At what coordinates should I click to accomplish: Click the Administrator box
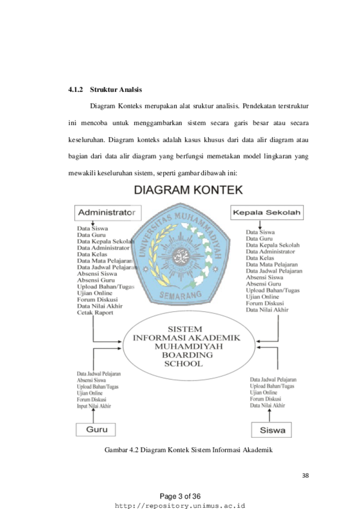[108, 213]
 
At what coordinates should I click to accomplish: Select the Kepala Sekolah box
[267, 212]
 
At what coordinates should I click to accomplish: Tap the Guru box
[96, 429]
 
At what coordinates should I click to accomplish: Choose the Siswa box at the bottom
[271, 430]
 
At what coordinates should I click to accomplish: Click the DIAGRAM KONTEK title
[188, 190]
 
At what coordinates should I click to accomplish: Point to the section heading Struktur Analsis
[116, 90]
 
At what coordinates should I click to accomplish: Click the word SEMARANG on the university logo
[181, 295]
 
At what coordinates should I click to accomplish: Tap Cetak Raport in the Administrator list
[95, 312]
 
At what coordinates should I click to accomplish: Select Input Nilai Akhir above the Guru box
[94, 406]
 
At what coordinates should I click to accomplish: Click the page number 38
[305, 476]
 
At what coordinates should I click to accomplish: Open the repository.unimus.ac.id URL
[180, 506]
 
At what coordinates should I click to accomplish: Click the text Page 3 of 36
[180, 496]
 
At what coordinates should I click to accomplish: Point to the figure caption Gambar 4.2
[188, 450]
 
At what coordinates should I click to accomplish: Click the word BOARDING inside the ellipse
[187, 355]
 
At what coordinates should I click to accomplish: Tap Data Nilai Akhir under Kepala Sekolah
[267, 310]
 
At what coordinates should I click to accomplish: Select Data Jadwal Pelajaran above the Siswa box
[273, 379]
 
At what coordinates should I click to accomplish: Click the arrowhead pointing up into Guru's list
[94, 410]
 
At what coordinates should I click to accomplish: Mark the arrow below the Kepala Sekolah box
[260, 225]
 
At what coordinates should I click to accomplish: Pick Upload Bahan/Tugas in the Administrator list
[105, 287]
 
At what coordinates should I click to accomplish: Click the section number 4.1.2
[75, 90]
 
